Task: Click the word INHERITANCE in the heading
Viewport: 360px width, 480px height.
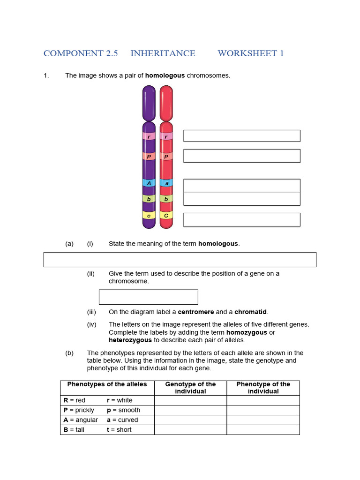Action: [163, 53]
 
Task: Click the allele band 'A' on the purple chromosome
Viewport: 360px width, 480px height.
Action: [149, 183]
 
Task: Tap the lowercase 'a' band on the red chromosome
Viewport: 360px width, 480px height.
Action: [166, 183]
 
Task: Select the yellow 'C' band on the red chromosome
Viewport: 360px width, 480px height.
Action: [166, 216]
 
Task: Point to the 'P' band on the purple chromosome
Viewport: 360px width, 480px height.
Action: [149, 157]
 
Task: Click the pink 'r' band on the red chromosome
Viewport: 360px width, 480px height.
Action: [166, 136]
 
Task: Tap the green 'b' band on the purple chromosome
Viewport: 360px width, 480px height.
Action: [149, 199]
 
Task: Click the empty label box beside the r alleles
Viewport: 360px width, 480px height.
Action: [241, 136]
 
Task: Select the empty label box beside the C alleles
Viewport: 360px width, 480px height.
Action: [241, 220]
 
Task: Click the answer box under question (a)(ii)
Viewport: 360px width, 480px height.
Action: [148, 297]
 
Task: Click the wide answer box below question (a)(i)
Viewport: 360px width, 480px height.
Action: [180, 259]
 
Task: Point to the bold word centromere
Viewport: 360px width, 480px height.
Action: [196, 312]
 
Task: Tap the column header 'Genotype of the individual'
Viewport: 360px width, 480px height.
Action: [190, 388]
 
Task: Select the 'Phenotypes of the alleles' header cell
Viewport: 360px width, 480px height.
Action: [107, 384]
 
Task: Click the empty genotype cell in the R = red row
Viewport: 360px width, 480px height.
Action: [190, 400]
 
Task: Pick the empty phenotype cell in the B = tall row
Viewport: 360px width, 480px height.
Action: [263, 430]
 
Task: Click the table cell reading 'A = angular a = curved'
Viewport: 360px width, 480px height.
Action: [107, 420]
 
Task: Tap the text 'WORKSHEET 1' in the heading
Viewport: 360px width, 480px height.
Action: [251, 53]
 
